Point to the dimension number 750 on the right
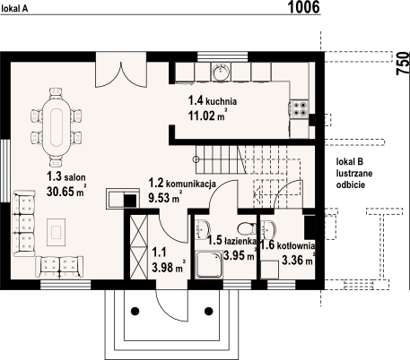coord(402,63)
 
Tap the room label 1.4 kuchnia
coord(212,101)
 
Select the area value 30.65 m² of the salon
coord(65,191)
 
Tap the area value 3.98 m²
coord(167,267)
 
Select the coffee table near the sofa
coord(57,233)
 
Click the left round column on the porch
coord(136,311)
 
